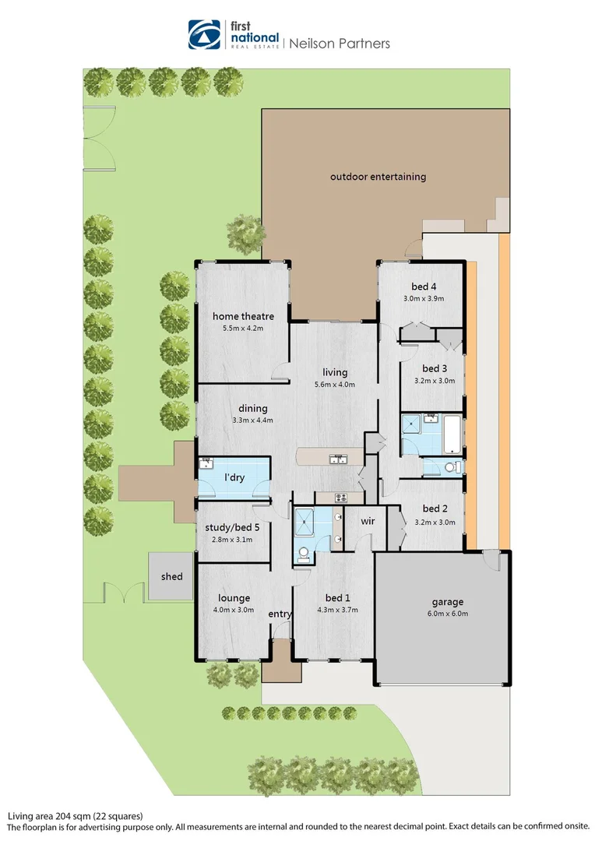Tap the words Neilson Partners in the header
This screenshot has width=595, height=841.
pos(339,44)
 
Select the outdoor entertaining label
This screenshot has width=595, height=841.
pos(378,177)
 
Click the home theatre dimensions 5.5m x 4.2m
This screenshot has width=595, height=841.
pos(244,329)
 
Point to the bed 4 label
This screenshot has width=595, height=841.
pos(422,286)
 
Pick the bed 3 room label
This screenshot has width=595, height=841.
pos(434,368)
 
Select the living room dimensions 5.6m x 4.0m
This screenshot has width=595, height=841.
pos(335,385)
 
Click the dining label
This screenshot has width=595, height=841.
pos(253,408)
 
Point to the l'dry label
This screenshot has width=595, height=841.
pos(234,477)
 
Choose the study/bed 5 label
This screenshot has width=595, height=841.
pos(232,527)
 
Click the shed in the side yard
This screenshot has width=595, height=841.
pos(171,576)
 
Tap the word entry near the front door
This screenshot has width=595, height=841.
pos(280,614)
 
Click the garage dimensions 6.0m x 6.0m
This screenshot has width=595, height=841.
pos(448,614)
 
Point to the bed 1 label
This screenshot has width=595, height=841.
pos(337,597)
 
